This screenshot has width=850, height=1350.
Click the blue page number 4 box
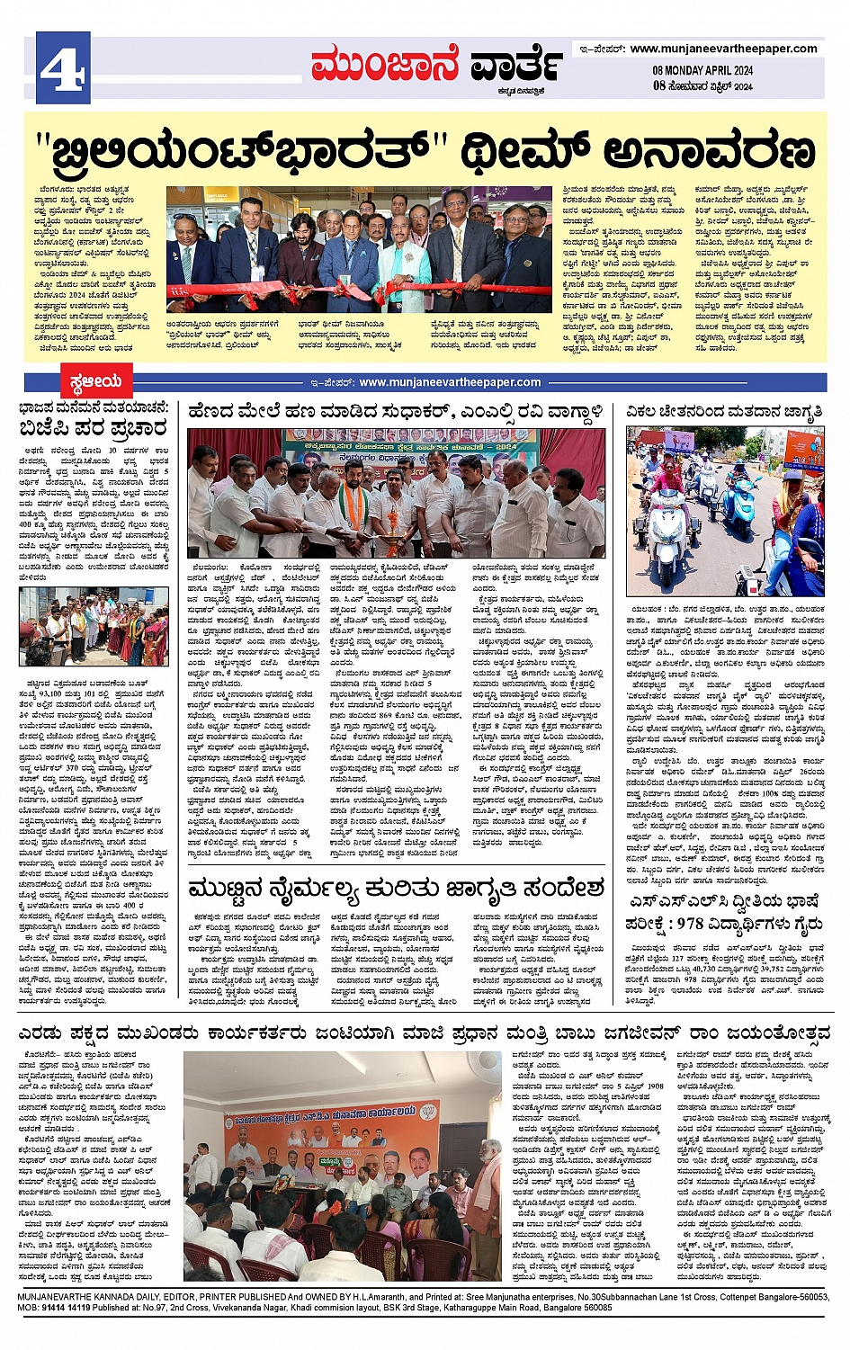63,67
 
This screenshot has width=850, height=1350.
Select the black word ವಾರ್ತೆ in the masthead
518,66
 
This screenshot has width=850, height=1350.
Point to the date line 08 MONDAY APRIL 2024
702,71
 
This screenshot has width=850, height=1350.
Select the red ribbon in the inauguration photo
360,291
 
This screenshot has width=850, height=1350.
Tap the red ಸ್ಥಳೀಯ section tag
96,382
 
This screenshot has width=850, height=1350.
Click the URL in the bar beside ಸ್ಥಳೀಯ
450,382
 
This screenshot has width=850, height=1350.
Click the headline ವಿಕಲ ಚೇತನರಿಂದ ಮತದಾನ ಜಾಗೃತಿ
726,413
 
